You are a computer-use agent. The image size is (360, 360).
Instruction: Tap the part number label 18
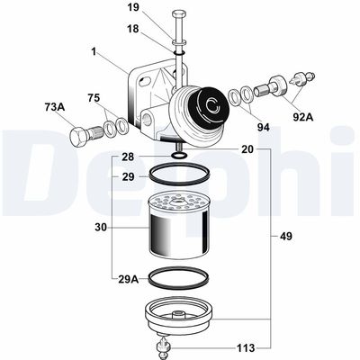132,29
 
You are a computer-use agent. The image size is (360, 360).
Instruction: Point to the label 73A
56,107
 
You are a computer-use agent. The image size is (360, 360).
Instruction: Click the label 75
94,97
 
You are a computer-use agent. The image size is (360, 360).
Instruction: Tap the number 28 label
129,157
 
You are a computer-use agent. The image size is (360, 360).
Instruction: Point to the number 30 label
101,228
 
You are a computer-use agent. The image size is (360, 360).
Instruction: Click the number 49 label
286,238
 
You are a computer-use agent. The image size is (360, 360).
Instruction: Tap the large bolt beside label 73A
83,138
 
